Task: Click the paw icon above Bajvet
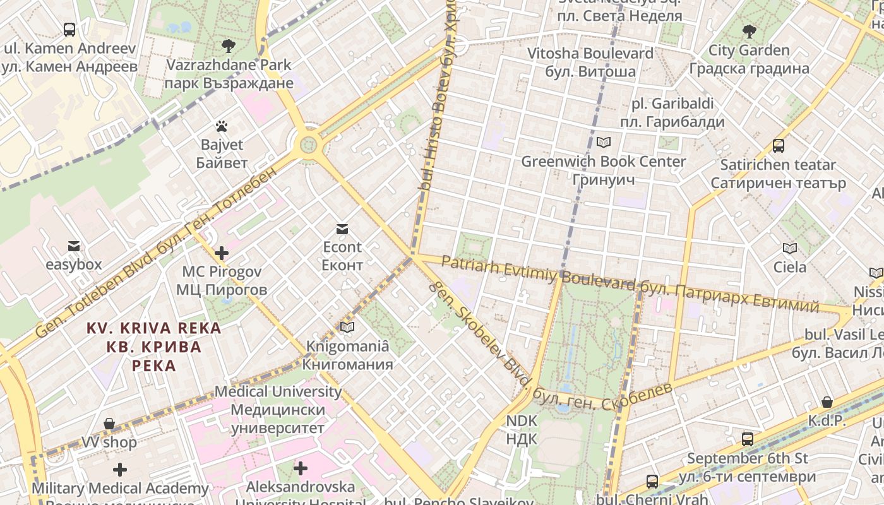click(x=221, y=126)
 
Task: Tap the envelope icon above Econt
click(x=342, y=229)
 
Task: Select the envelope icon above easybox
click(x=74, y=246)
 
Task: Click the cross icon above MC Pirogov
click(x=221, y=254)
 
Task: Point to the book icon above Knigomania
click(x=347, y=327)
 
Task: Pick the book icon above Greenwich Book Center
click(x=604, y=143)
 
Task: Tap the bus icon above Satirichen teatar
click(x=779, y=146)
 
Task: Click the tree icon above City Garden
click(x=749, y=31)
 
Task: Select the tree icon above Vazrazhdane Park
click(x=229, y=45)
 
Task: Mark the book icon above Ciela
click(x=790, y=248)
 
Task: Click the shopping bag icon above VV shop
click(x=109, y=423)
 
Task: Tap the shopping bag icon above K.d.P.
click(x=827, y=402)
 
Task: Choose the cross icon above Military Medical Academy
click(x=120, y=470)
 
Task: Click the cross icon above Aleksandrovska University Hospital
click(x=301, y=468)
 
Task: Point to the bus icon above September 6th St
click(x=748, y=439)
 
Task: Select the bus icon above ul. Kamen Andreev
click(x=69, y=29)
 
